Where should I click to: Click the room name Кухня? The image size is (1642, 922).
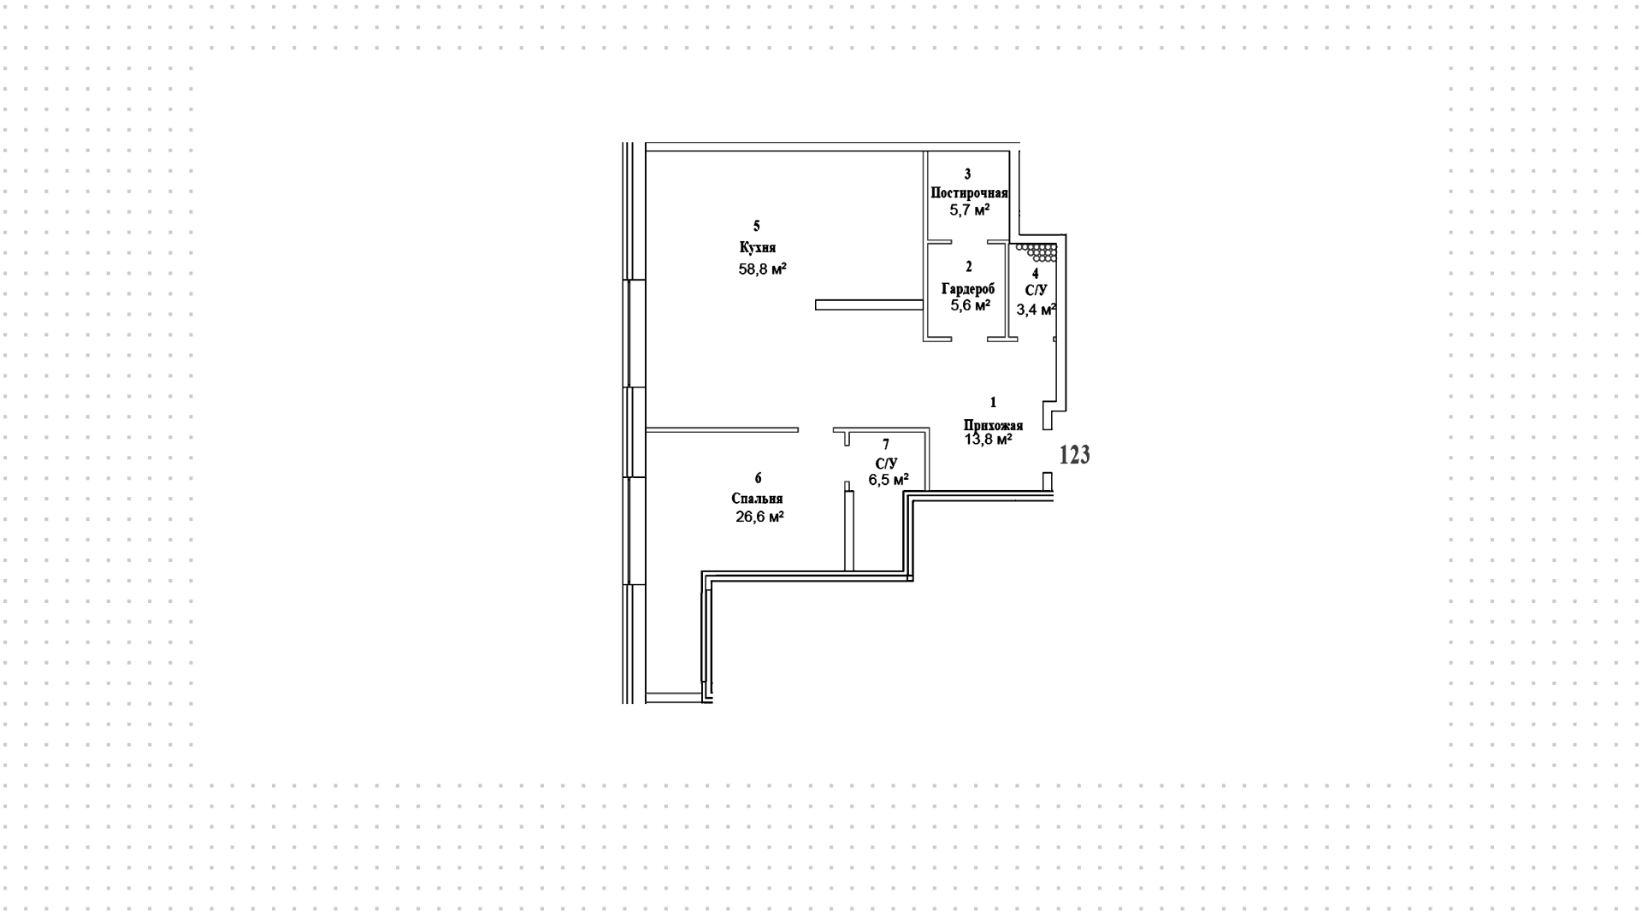coord(757,248)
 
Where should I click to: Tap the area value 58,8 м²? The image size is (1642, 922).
coord(762,269)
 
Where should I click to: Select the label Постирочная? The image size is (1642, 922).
coord(969,193)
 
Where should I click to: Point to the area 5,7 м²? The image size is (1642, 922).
coord(969,210)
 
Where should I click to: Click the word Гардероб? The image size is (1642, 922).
coord(968,289)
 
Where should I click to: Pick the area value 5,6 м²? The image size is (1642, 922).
coord(970,305)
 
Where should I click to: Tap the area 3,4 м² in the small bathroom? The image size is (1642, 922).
coord(1036,309)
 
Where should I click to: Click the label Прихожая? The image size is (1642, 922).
coord(993,425)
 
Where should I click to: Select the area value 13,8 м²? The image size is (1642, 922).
coord(989,440)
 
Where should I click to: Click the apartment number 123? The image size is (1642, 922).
coord(1075,455)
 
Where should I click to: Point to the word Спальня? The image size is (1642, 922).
coord(757,499)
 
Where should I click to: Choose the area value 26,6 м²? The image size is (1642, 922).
coord(759,517)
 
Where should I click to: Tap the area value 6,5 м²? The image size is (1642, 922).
coord(889,480)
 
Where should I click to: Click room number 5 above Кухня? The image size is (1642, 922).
coord(756,227)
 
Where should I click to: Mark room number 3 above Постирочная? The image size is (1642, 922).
coord(968,174)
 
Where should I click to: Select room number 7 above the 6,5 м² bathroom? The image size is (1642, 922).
coord(886,445)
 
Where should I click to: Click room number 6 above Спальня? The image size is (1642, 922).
coord(758,478)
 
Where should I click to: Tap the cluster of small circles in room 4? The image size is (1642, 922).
coord(1038,252)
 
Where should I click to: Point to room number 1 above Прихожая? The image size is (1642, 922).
coord(993,402)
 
